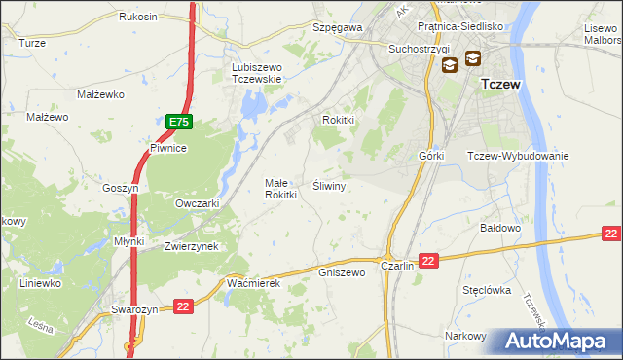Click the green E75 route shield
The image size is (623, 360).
178,122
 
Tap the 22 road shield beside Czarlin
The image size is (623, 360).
430,260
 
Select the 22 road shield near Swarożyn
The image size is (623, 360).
183,306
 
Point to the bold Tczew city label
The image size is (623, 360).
500,85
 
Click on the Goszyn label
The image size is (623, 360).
122,188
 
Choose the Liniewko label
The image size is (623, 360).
41,283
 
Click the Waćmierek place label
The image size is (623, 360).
253,282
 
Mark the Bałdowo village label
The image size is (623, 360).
502,227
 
